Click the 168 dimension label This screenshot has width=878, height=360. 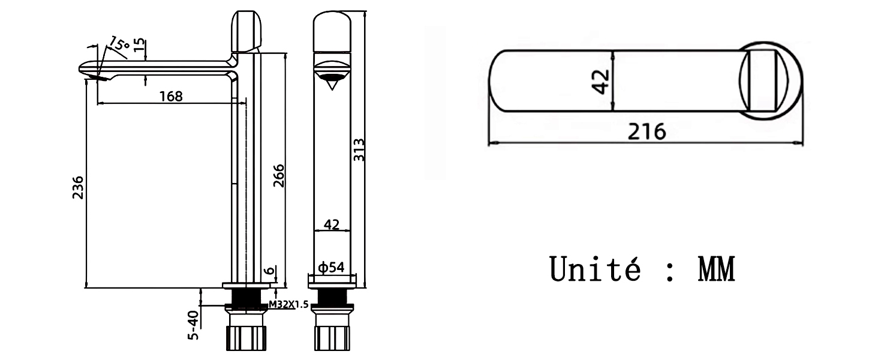(172, 96)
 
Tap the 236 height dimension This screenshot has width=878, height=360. (78, 187)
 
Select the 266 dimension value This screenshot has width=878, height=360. (279, 176)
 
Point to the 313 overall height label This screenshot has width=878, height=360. (359, 149)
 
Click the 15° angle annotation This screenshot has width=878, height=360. (119, 44)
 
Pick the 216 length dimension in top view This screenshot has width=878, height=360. (647, 132)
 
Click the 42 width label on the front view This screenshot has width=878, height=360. (332, 224)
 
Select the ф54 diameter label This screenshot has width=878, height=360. (331, 268)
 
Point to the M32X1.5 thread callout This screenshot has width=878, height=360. (289, 305)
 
